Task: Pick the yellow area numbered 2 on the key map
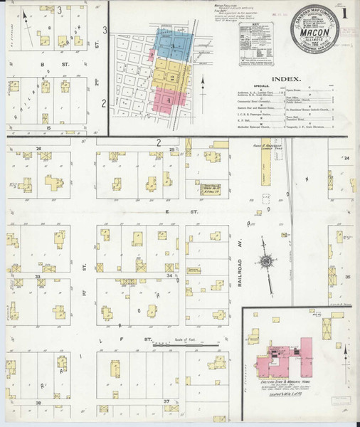coord(171,75)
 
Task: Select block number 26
coord(38,148)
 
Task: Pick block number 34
coord(169,274)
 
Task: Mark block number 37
coord(166,401)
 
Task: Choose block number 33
coord(37,274)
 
